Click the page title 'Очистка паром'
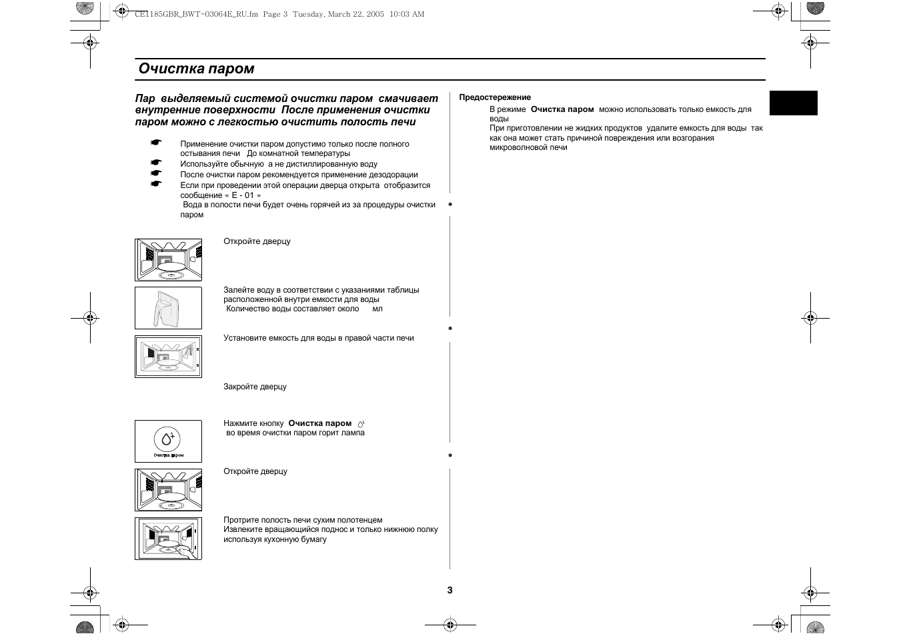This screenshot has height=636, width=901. pyautogui.click(x=196, y=69)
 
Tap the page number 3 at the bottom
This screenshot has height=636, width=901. pyautogui.click(x=450, y=590)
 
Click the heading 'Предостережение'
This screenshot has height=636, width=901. pyautogui.click(x=495, y=97)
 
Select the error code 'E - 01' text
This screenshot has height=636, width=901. pyautogui.click(x=243, y=195)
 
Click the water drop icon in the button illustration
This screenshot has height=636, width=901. pyautogui.click(x=167, y=439)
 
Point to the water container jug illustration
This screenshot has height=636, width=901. pyautogui.click(x=167, y=308)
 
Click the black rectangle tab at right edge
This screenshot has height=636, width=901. pyautogui.click(x=793, y=103)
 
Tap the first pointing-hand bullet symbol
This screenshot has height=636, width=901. pyautogui.click(x=156, y=143)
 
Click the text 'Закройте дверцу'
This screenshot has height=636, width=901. pyautogui.click(x=255, y=387)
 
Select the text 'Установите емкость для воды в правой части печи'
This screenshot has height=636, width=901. pyautogui.click(x=318, y=338)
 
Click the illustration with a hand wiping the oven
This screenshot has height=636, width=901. pyautogui.click(x=168, y=539)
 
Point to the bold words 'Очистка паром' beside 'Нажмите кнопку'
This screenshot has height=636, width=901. pyautogui.click(x=319, y=423)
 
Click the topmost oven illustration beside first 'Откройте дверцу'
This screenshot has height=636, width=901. pyautogui.click(x=168, y=260)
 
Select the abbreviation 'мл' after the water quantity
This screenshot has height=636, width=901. pyautogui.click(x=377, y=309)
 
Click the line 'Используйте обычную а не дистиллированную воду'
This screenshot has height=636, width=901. pyautogui.click(x=278, y=164)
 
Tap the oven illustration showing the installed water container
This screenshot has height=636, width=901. pyautogui.click(x=168, y=357)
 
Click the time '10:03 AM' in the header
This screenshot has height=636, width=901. pyautogui.click(x=407, y=14)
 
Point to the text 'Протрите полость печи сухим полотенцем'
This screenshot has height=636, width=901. pyautogui.click(x=303, y=520)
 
